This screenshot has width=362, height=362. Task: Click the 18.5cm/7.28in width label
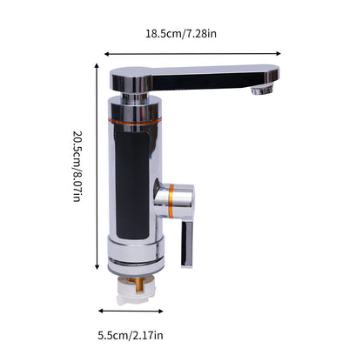pos(185,34)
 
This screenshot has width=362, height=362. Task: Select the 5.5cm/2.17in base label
pos(130,335)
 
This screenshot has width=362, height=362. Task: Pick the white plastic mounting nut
pos(135,293)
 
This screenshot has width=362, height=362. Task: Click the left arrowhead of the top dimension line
pos(107,51)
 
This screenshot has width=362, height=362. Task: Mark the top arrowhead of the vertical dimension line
pos(96,63)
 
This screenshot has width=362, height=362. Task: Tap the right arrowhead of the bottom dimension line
pos(163,311)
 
